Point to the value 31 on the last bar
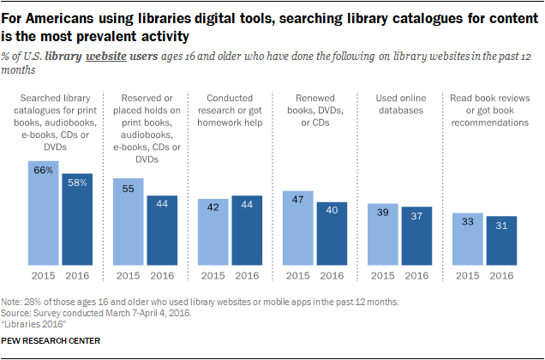click(500, 225)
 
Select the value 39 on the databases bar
click(382, 213)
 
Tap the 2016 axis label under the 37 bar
click(416, 275)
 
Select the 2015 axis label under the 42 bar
click(213, 275)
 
